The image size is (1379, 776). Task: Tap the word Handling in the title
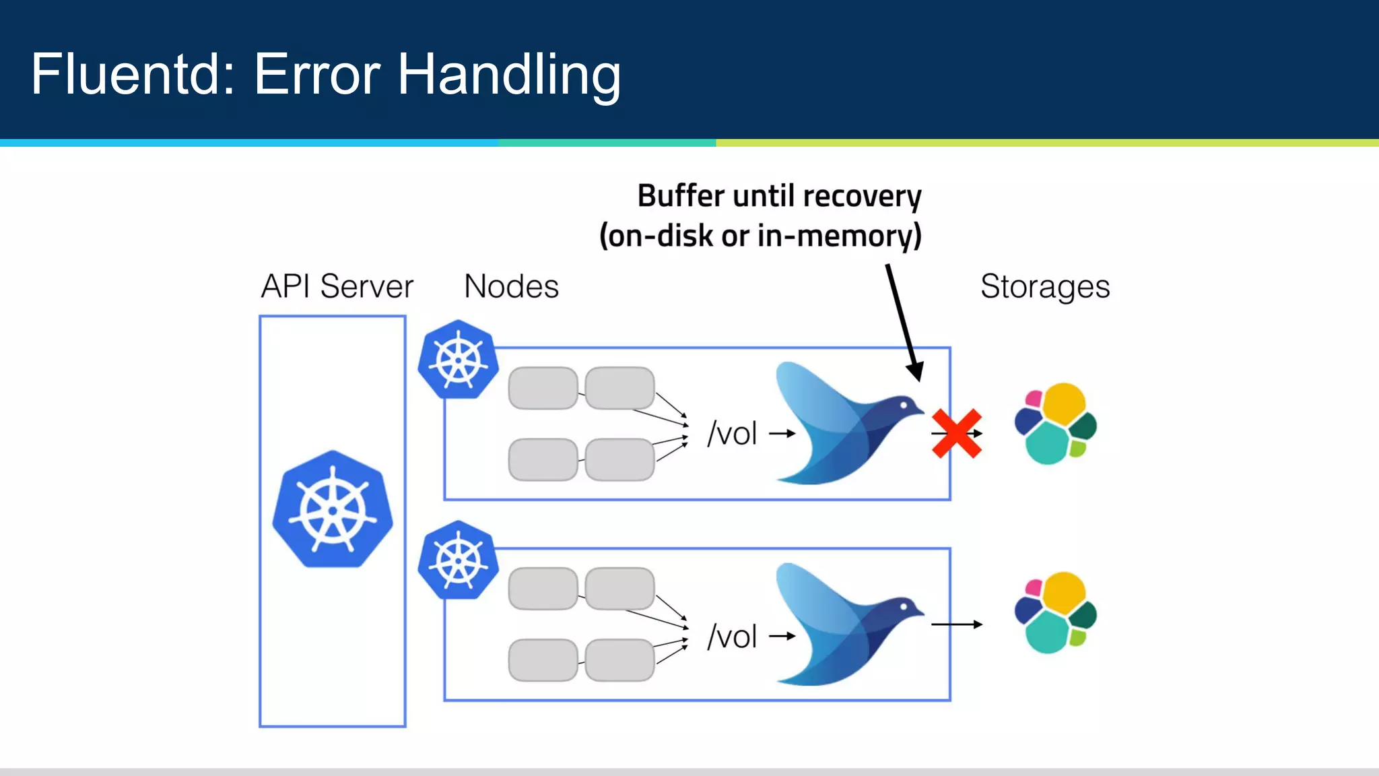(508, 75)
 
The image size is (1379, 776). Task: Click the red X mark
(956, 434)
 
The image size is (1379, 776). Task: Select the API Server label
(337, 286)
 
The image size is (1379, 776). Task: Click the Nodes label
(511, 286)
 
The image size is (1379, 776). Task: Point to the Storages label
(1044, 286)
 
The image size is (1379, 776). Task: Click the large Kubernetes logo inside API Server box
(333, 509)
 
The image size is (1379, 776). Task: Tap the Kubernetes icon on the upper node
(458, 360)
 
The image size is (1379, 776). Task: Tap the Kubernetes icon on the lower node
(458, 560)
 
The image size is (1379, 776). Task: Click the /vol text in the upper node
(733, 434)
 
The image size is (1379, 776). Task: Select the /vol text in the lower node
(733, 637)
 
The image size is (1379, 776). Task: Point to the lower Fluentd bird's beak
(920, 611)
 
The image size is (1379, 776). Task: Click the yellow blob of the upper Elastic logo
(1064, 403)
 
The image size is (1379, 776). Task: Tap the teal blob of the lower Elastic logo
(1046, 632)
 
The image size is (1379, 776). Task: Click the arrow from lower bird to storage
(956, 624)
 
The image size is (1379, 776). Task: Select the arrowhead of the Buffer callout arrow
(915, 371)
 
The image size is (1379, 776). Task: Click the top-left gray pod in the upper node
(543, 388)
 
